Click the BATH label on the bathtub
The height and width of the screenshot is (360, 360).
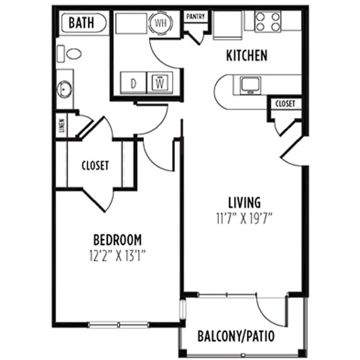81,23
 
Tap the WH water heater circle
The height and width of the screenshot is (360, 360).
161,23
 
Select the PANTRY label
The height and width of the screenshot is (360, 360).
196,17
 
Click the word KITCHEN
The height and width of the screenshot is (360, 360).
247,55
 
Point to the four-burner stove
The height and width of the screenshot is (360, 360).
268,22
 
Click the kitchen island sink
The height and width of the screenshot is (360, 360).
251,85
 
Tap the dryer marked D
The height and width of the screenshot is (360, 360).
133,83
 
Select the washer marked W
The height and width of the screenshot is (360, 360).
160,83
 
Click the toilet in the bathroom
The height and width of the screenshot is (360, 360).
69,54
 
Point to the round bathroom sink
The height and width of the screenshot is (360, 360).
64,89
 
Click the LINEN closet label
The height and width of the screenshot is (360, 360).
62,125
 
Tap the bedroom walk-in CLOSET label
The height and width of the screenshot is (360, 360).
95,166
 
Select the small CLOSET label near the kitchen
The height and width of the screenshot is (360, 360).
285,104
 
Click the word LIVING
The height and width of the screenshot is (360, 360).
244,202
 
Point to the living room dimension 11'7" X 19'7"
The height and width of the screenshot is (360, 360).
244,219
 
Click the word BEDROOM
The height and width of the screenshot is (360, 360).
117,240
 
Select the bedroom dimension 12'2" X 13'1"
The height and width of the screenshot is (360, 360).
117,256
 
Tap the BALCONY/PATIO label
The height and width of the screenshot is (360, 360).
235,336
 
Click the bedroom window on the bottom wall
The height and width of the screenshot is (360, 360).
118,325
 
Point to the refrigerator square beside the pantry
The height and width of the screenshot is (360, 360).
228,25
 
